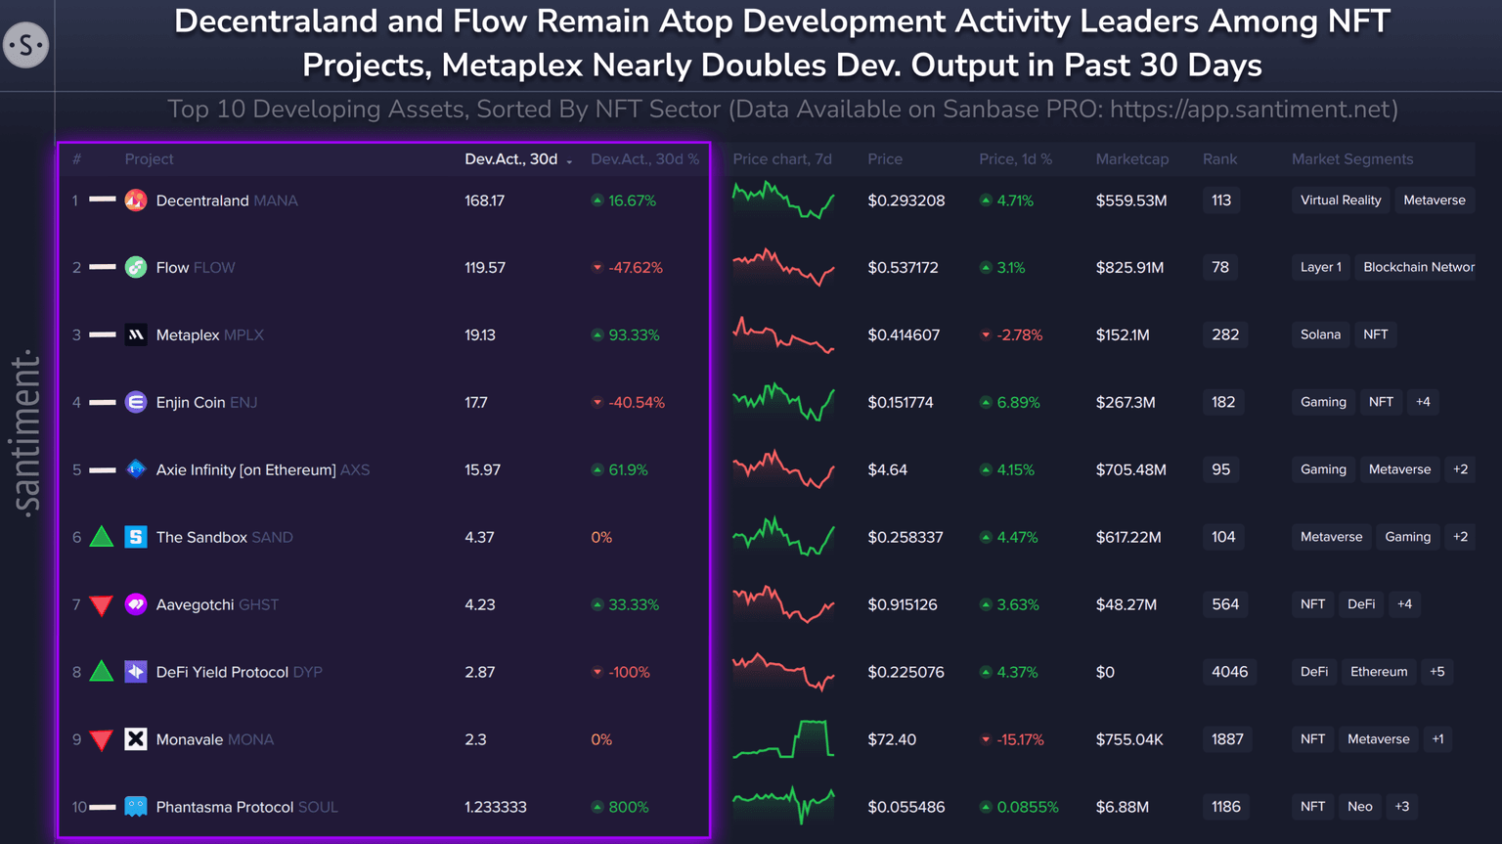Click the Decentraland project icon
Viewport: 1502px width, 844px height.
coord(136,200)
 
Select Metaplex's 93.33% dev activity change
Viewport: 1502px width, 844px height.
coord(633,334)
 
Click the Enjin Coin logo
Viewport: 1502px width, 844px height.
coord(136,402)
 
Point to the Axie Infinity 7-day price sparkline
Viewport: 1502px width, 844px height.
coord(783,468)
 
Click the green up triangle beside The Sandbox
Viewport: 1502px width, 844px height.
coord(102,537)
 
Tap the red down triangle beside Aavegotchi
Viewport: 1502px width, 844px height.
coord(102,605)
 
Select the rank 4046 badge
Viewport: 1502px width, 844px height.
coord(1229,672)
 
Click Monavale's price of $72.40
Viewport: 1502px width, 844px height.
coord(892,739)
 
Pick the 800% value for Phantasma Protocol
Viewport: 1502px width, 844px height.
coord(628,807)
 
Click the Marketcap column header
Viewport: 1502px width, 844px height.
coord(1131,158)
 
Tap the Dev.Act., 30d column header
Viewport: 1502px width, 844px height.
coord(511,158)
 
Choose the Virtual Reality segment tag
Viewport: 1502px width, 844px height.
coord(1341,200)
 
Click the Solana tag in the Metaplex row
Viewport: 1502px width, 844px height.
coord(1320,334)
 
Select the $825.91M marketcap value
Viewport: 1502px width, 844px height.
coord(1129,267)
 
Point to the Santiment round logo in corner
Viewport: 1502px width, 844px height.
coord(26,45)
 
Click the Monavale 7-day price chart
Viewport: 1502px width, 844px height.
coord(783,738)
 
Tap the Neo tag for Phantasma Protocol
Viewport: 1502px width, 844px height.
coord(1359,807)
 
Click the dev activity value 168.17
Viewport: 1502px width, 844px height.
coord(485,200)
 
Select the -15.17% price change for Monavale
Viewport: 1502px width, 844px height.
coord(1019,739)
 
